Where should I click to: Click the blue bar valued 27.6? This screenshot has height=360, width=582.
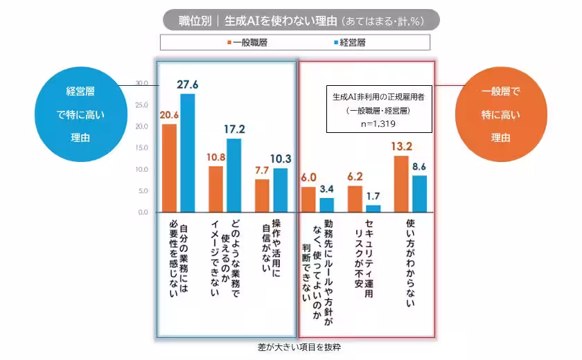pyautogui.click(x=188, y=152)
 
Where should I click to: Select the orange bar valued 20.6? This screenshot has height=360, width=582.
pyautogui.click(x=170, y=168)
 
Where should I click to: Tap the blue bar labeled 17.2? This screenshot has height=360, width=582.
pyautogui.click(x=234, y=175)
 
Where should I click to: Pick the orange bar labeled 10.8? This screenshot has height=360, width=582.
pyautogui.click(x=215, y=188)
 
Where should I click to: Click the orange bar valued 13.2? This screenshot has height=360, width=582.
pyautogui.click(x=400, y=183)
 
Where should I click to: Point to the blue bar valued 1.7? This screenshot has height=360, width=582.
pyautogui.click(x=373, y=208)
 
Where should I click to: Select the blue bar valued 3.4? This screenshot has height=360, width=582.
pyautogui.click(x=327, y=204)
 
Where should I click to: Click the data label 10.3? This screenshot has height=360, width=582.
pyautogui.click(x=281, y=159)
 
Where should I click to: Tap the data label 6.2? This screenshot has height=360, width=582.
pyautogui.click(x=355, y=177)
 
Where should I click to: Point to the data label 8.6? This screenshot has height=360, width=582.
pyautogui.click(x=419, y=166)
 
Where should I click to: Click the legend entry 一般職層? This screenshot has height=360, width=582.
pyautogui.click(x=247, y=42)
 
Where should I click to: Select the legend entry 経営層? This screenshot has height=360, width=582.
pyautogui.click(x=351, y=42)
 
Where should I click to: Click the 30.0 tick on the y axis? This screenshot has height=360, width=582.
pyautogui.click(x=141, y=83)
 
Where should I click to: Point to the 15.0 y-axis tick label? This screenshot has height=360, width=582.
pyautogui.click(x=141, y=147)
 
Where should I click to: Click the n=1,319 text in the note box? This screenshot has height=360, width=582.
pyautogui.click(x=378, y=124)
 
